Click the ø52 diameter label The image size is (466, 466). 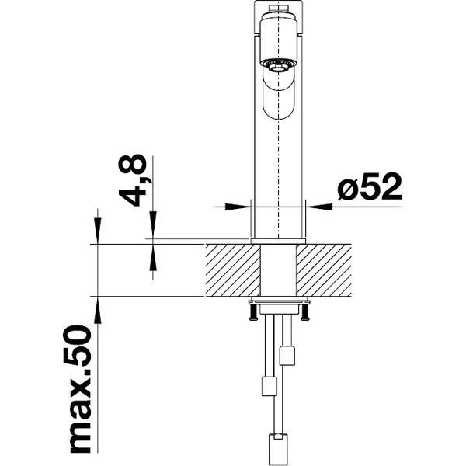tap(370, 186)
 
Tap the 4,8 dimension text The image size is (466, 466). tap(133, 180)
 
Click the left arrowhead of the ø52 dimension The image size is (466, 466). tap(238, 207)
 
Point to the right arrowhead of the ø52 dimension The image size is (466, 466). tap(319, 207)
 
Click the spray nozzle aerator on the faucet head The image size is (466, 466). tap(278, 65)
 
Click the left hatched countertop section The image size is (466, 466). tap(233, 270)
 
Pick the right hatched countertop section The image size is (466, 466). tap(324, 270)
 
